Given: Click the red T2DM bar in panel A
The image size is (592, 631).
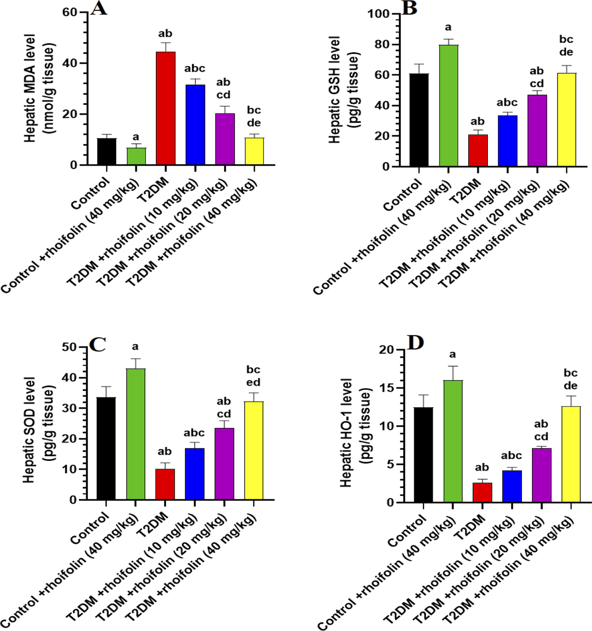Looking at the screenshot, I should click(x=165, y=108).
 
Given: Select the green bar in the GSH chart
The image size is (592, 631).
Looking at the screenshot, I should click(x=449, y=106).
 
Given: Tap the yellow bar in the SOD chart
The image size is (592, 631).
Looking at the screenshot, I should click(x=254, y=451).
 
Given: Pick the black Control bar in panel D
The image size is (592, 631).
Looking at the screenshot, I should click(x=423, y=455).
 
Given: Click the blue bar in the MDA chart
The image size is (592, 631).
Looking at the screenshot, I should click(x=195, y=125).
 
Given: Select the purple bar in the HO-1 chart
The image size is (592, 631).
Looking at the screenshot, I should click(x=541, y=475).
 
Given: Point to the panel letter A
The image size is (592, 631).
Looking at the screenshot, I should click(x=99, y=8).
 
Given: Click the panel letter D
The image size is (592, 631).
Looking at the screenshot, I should click(x=415, y=343).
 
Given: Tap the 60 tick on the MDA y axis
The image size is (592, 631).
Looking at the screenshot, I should click(x=70, y=12).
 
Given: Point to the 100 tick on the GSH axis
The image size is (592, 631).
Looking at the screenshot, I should click(x=378, y=14).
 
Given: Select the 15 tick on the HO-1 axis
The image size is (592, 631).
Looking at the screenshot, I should click(x=386, y=388).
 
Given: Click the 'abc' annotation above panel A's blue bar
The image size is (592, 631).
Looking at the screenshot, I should click(x=195, y=69).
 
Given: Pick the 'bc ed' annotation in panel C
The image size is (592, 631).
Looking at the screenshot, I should click(x=253, y=376).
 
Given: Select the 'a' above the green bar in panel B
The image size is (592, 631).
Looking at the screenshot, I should click(x=448, y=27).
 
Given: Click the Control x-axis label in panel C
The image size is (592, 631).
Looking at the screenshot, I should click(x=90, y=529).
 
